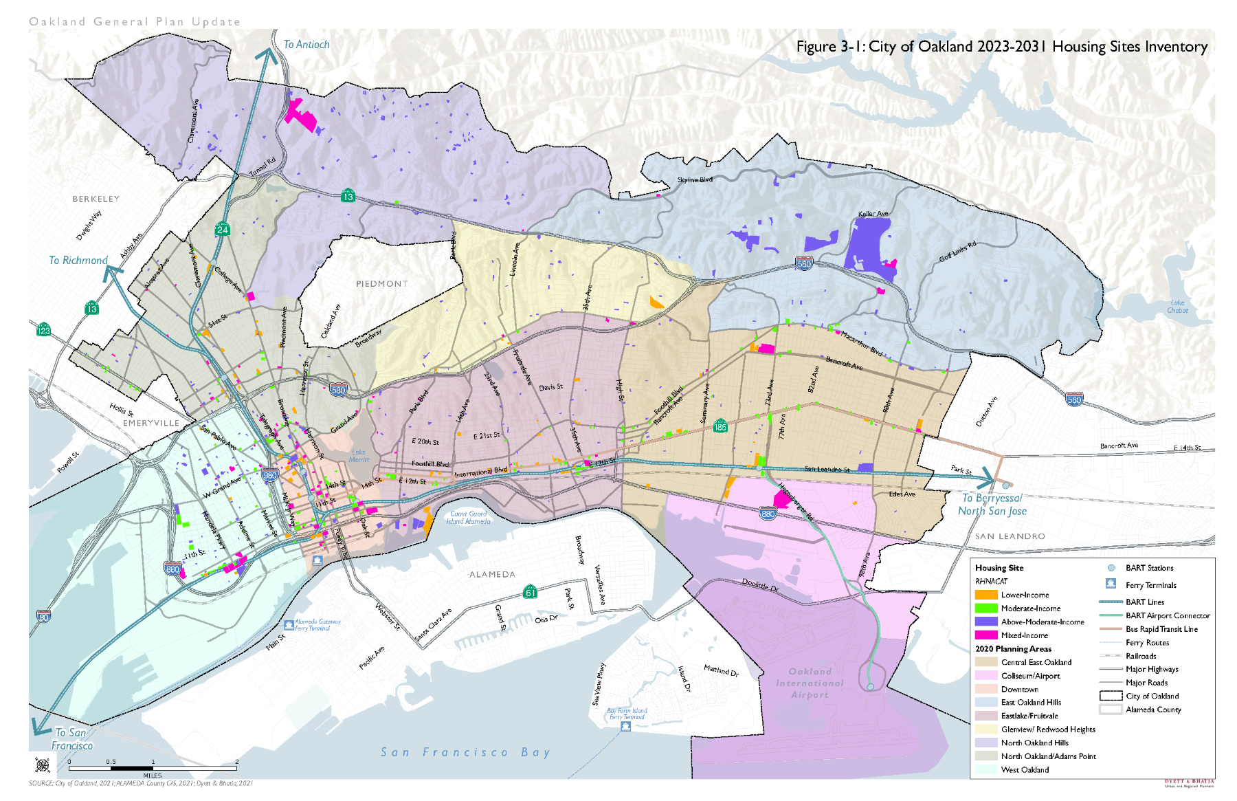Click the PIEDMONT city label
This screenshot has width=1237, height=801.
382,283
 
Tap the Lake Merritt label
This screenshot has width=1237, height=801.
359,456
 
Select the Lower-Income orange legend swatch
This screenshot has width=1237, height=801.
985,595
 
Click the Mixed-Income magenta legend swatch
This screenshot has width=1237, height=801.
985,635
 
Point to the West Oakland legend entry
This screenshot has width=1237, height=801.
1025,770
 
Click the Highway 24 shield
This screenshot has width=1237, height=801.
223,229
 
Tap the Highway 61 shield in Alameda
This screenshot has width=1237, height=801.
531,592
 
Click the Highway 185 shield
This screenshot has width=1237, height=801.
720,426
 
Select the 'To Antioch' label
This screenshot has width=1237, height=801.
307,45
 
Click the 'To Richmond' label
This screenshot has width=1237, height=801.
78,261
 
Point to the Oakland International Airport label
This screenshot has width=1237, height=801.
810,683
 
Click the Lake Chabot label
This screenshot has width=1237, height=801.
1177,307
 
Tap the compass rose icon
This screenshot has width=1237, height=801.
43,765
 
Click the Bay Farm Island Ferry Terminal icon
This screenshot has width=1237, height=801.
625,726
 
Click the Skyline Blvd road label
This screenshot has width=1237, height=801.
695,180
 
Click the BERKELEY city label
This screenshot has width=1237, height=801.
96,199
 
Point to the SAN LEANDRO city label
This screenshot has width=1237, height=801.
1010,536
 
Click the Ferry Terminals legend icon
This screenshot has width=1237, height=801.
1111,584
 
